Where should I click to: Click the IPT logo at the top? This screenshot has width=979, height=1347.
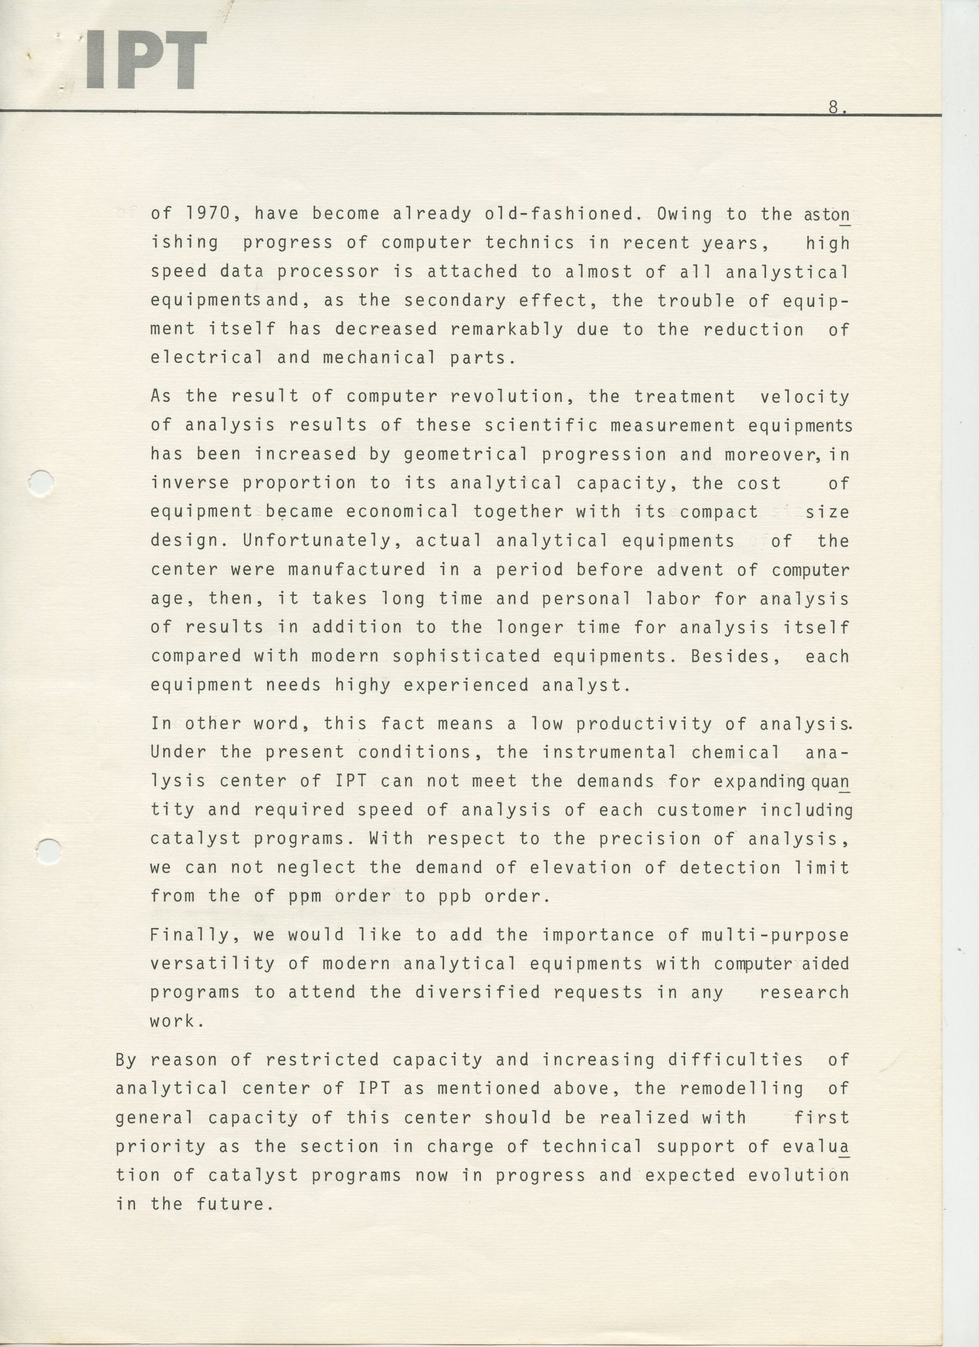pos(146,60)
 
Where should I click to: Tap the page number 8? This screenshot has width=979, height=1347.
pos(835,107)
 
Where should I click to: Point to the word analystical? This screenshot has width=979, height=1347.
pos(787,272)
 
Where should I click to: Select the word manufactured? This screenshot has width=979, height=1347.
pos(356,569)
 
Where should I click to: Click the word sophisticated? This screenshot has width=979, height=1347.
pos(466,656)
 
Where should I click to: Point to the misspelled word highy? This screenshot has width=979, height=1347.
pos(362,685)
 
